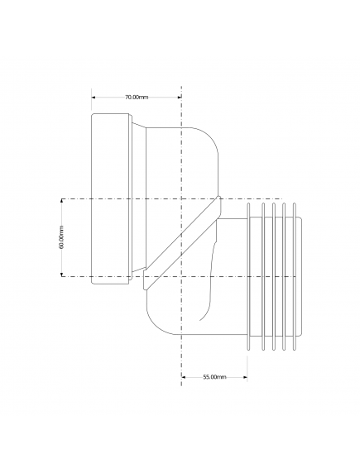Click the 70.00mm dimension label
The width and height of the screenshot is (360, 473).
(x=137, y=97)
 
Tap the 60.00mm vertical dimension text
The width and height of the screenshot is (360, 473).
(x=61, y=237)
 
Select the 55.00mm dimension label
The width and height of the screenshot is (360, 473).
(x=214, y=377)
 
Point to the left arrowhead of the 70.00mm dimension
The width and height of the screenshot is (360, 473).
(x=94, y=97)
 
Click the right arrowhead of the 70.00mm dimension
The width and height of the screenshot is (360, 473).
(x=179, y=97)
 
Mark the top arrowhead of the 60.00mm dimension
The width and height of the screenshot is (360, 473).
(x=62, y=201)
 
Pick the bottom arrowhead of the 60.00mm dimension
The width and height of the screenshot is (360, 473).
(x=62, y=275)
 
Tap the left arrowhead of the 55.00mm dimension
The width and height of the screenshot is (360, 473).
(x=184, y=377)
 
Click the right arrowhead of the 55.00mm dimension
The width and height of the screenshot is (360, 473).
(x=245, y=377)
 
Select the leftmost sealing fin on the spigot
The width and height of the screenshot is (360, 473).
(x=248, y=277)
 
